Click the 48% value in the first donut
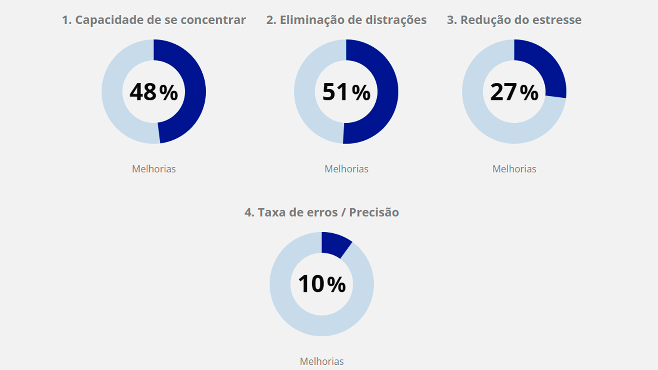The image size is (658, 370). [x=154, y=92]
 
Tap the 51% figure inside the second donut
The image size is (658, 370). [x=346, y=92]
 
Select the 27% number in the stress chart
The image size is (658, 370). [x=514, y=92]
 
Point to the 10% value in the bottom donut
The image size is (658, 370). [x=322, y=284]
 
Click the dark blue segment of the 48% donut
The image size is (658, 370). [x=195, y=92]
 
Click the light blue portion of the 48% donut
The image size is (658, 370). [x=112, y=92]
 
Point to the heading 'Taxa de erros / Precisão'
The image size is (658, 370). [x=322, y=212]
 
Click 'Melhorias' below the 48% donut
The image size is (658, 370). [x=154, y=169]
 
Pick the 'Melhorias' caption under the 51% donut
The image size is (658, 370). [x=346, y=169]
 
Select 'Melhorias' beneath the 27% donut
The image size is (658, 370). [x=514, y=169]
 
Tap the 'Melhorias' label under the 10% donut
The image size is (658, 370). [x=322, y=361]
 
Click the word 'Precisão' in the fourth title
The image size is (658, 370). [x=374, y=212]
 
